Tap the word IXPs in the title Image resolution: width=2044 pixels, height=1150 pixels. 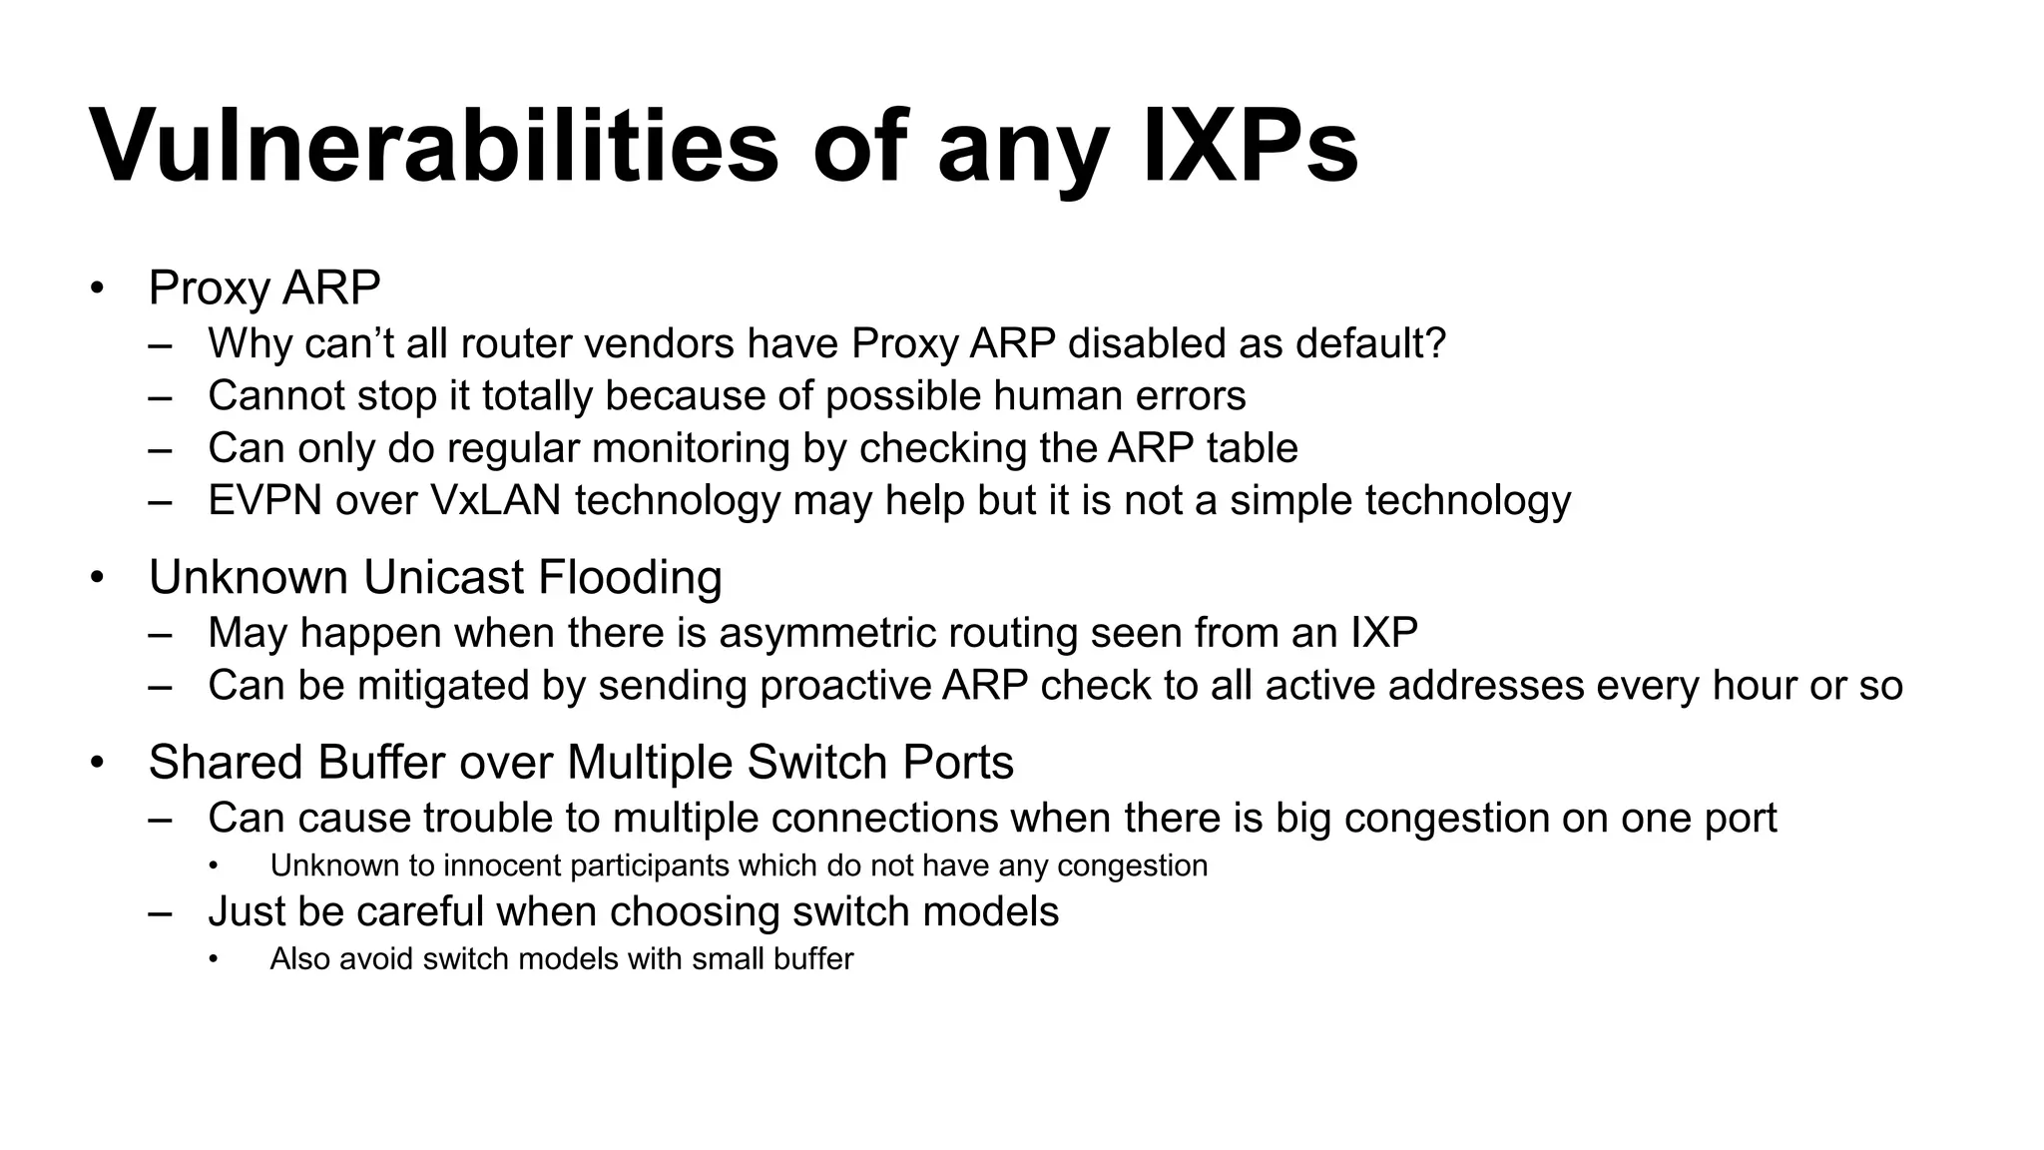point(1250,148)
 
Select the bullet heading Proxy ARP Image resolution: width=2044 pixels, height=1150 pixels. point(264,288)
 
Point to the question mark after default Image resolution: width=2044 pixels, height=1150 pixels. point(1436,343)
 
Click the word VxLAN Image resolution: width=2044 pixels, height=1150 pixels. point(496,500)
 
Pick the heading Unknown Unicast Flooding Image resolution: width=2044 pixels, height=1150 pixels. point(435,578)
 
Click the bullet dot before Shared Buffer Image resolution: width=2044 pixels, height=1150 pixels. point(97,764)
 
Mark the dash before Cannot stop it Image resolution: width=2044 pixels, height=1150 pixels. point(160,397)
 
